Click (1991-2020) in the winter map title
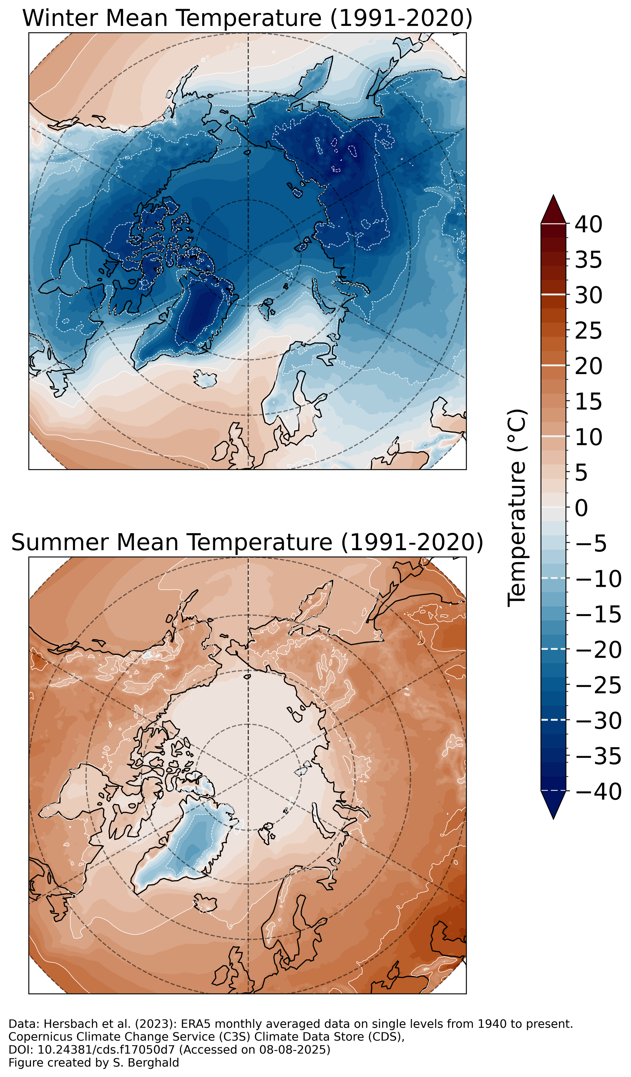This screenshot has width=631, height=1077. click(401, 18)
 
